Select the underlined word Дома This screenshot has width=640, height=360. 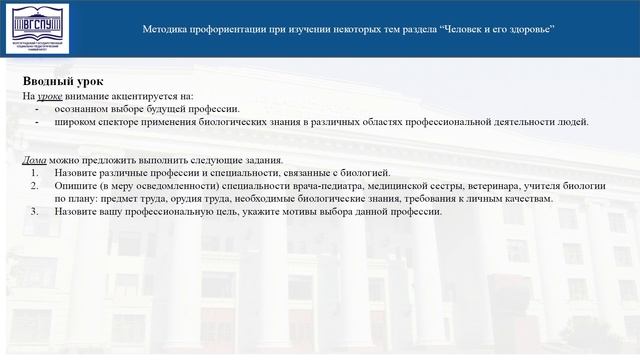pos(34,160)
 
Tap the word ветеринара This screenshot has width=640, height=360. pos(492,186)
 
